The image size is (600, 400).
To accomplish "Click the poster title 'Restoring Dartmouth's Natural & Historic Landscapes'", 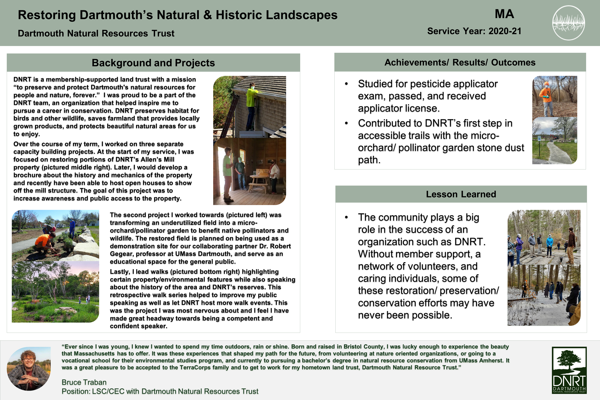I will (x=178, y=15).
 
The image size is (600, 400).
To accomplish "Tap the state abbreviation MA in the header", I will (x=504, y=14).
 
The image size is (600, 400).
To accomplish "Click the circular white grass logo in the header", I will (x=568, y=23).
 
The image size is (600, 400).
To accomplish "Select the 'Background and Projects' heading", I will (x=153, y=63).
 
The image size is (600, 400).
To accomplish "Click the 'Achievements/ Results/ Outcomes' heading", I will (x=460, y=62).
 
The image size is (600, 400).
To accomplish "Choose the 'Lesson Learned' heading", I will (x=461, y=194).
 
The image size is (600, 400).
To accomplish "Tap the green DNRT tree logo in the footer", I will (x=569, y=370).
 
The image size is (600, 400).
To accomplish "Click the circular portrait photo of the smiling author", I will (x=29, y=368).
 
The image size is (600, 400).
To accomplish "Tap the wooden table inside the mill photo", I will (x=260, y=180).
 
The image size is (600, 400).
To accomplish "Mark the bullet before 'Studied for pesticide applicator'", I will (x=346, y=84).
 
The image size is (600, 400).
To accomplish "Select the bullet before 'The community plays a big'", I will (x=346, y=218).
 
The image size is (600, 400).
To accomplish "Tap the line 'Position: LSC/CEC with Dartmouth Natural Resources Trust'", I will (x=160, y=391).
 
